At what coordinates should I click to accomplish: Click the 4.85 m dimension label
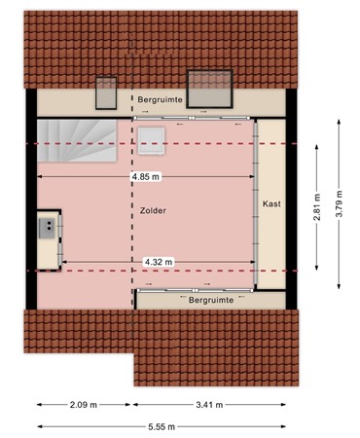[146, 177]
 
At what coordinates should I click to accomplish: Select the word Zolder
[152, 210]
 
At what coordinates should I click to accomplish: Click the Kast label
[271, 203]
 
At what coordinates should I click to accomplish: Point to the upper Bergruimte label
[159, 100]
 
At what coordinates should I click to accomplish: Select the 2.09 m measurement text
[84, 404]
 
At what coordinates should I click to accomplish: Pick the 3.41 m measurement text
[209, 404]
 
